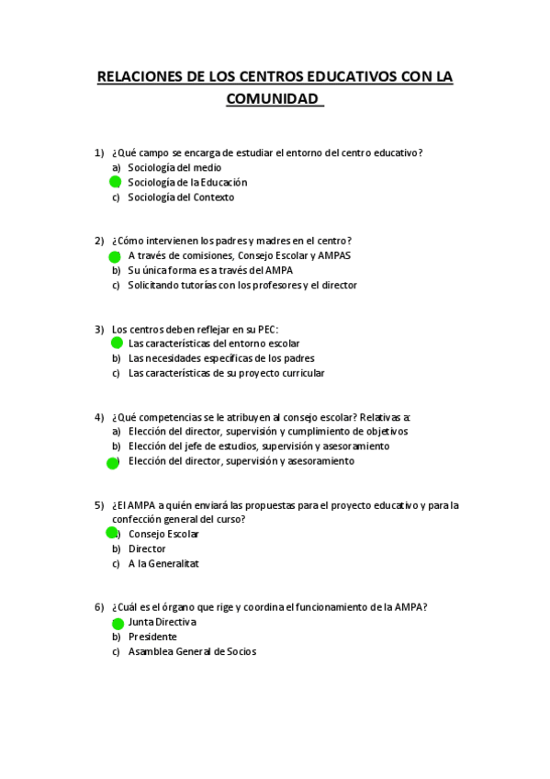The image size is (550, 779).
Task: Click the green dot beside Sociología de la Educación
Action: click(116, 183)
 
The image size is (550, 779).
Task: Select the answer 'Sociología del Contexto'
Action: click(181, 198)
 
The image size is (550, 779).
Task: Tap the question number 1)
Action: click(99, 152)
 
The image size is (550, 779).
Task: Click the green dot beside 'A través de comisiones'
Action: click(116, 256)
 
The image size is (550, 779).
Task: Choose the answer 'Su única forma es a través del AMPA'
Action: click(210, 270)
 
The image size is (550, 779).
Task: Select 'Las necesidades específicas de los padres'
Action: click(221, 358)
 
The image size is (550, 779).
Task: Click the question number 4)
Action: click(99, 416)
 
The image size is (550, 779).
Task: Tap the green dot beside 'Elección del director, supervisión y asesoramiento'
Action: click(113, 462)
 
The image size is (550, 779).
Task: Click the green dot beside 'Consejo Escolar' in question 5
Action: click(112, 533)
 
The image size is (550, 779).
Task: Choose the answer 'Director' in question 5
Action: click(147, 548)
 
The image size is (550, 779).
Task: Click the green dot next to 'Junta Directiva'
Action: click(116, 623)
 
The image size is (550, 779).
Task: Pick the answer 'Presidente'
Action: click(152, 637)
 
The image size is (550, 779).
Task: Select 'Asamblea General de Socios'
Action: click(192, 651)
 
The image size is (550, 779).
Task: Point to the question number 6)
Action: click(99, 606)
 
